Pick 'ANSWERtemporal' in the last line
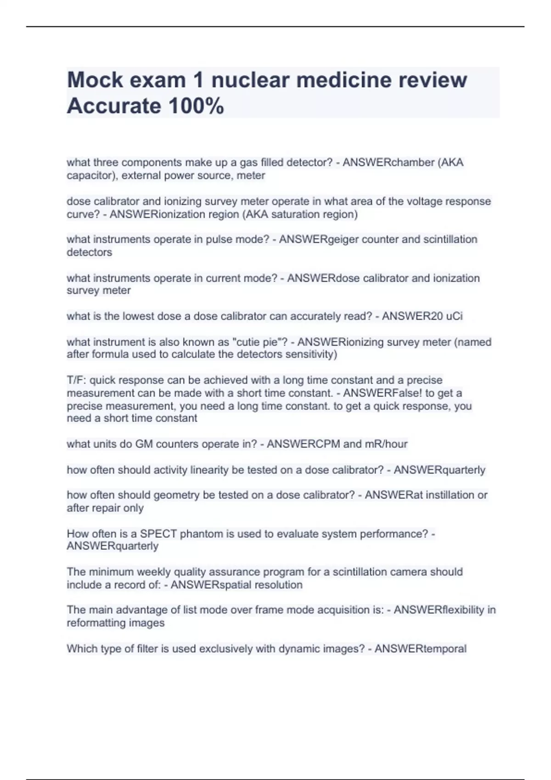[x=420, y=648]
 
